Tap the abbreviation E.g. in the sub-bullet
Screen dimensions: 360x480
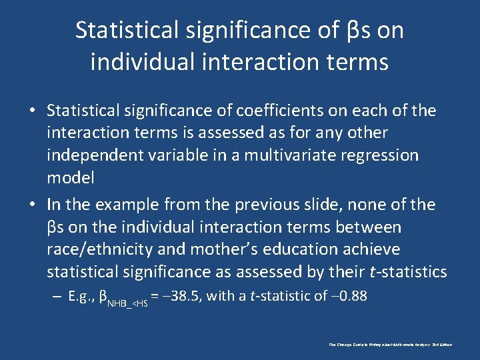pos(81,296)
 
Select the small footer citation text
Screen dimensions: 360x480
pos(391,345)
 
